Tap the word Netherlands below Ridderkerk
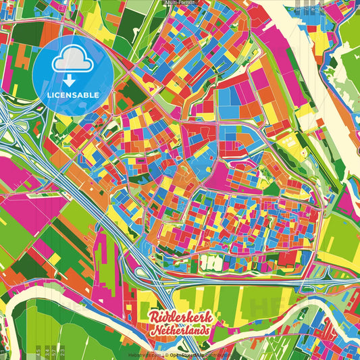pos(179,333)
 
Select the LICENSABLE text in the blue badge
pos(73,95)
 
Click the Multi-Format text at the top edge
pos(180,3)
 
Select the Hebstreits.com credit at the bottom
pos(145,354)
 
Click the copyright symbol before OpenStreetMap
pos(166,354)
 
